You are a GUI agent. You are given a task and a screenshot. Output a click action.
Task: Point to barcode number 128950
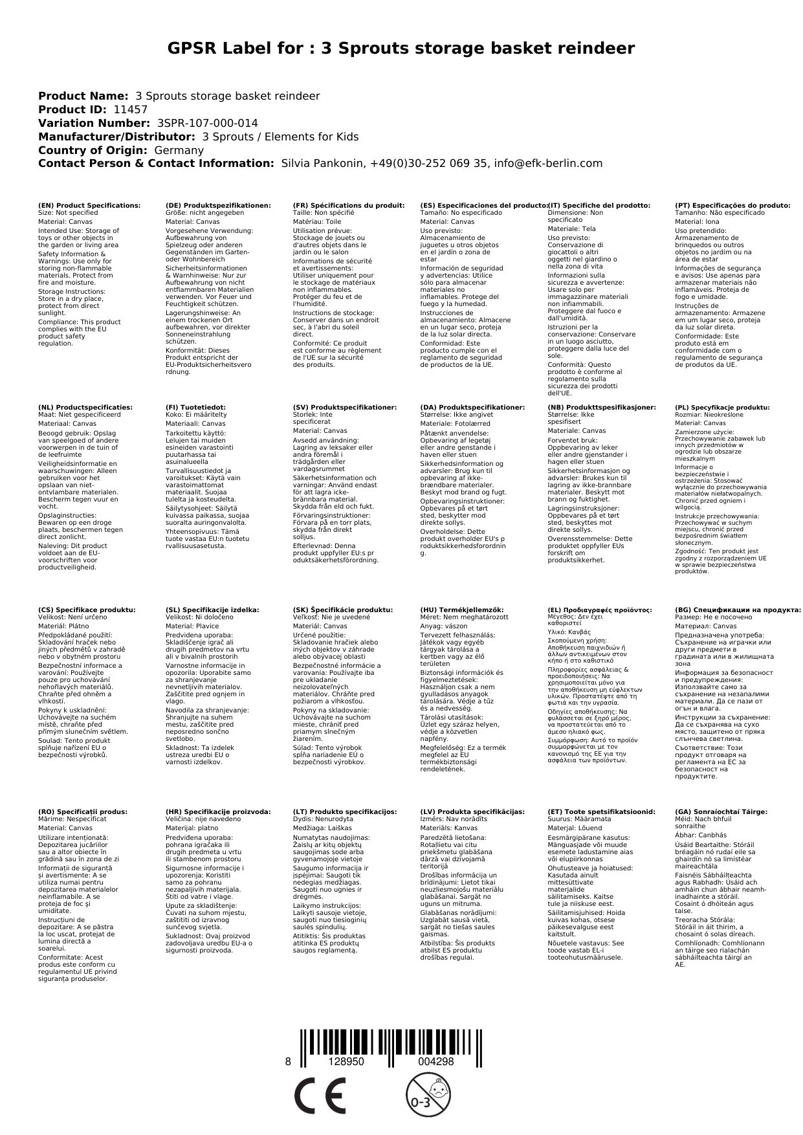(x=346, y=1062)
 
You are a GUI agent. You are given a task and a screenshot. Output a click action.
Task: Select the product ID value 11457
(x=130, y=110)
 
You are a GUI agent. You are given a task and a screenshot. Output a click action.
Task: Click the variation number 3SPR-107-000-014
(x=207, y=123)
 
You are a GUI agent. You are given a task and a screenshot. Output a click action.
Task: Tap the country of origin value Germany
(x=179, y=150)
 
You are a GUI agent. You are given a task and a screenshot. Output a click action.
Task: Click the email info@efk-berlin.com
(x=548, y=164)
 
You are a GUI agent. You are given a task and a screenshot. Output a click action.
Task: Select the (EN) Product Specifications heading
(x=89, y=205)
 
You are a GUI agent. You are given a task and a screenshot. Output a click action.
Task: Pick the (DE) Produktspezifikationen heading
(x=218, y=205)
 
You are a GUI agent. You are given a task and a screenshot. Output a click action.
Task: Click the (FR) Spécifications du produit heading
(x=348, y=205)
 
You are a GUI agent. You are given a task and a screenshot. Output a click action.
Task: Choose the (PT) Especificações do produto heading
(x=732, y=205)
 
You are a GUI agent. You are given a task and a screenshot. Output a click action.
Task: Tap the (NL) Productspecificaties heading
(x=85, y=407)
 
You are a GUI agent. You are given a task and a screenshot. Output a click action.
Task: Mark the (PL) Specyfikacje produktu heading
(x=722, y=407)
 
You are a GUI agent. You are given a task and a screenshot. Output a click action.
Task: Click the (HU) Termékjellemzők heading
(x=461, y=610)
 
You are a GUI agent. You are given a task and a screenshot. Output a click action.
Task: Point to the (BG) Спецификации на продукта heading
(x=738, y=610)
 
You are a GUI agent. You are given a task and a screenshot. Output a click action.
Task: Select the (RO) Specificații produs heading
(x=83, y=811)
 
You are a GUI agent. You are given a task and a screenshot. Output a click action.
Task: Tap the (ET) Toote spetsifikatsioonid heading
(x=601, y=811)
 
